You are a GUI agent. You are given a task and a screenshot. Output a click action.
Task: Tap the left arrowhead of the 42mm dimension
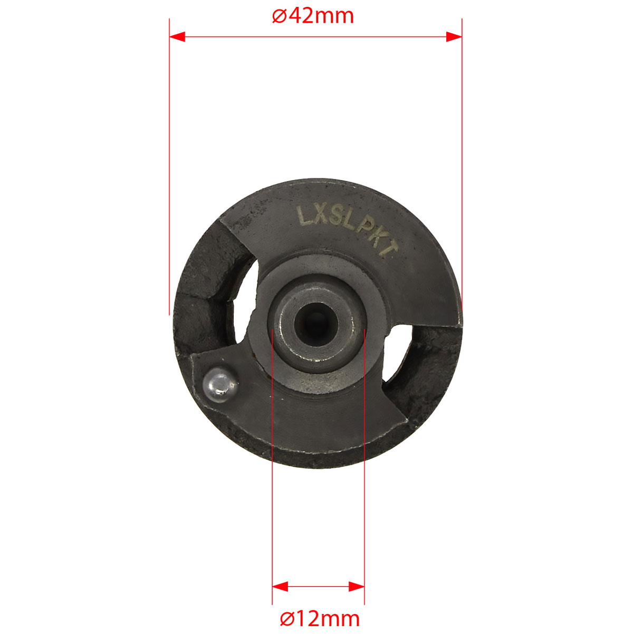(177, 37)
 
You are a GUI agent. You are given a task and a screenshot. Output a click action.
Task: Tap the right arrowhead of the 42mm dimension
(454, 37)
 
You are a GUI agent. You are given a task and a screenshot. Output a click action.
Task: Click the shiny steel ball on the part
(220, 385)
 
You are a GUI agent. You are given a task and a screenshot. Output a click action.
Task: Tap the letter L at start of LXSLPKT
(303, 215)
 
